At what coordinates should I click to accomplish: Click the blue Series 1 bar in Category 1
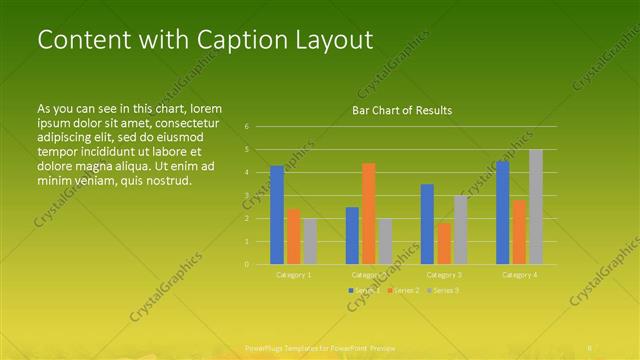coord(277,215)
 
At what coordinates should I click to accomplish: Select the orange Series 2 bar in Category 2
coord(369,213)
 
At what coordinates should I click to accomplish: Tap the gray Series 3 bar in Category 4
coord(536,207)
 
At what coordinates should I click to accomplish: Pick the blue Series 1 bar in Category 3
coord(427,224)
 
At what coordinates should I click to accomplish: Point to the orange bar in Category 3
coord(444,243)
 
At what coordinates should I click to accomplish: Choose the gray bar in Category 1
coord(310,241)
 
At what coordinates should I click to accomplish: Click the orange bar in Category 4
coord(519,232)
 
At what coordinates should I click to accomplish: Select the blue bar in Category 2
coord(352,235)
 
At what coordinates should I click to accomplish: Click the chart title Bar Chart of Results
coord(402,110)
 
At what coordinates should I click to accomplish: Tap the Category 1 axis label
coord(294,274)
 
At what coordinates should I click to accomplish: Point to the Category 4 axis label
coord(519,274)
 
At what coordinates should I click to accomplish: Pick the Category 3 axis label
coord(444,274)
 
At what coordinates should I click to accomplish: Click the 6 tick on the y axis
coord(247,127)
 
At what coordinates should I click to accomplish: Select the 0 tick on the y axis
coord(247,264)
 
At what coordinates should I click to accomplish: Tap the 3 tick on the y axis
coord(247,195)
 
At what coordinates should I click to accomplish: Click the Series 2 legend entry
coord(403,290)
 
